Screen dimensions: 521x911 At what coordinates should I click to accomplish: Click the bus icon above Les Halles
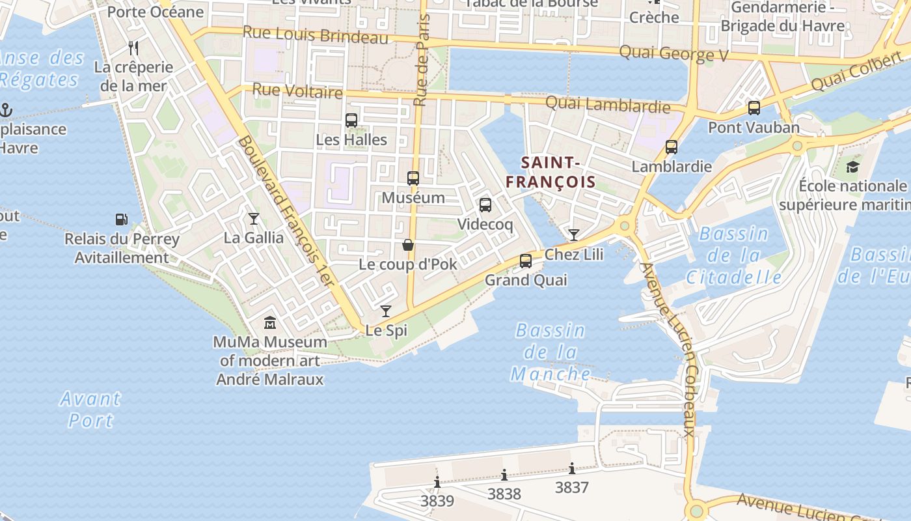pos(351,120)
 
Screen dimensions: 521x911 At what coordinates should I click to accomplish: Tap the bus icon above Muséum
pos(413,178)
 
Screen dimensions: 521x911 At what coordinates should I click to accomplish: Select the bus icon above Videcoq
pos(485,205)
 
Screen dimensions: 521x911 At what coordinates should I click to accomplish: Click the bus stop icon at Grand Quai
pos(526,261)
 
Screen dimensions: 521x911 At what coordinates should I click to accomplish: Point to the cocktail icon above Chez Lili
pos(573,235)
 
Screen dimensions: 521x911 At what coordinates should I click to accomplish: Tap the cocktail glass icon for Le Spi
pos(386,311)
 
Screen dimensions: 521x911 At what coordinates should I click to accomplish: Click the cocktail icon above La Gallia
pos(254,219)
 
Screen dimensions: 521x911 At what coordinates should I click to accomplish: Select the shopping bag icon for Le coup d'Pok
pos(408,245)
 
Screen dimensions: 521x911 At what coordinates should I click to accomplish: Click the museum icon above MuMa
pos(270,322)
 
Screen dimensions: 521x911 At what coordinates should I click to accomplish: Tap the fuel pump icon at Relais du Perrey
pos(121,219)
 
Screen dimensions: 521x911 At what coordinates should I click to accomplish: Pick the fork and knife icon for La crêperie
pos(133,48)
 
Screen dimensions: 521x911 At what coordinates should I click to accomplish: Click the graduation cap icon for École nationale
pos(852,167)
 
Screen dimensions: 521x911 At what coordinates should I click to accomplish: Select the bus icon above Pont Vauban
pos(754,108)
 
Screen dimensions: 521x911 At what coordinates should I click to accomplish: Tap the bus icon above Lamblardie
pos(672,147)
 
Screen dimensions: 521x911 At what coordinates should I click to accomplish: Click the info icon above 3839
pos(437,483)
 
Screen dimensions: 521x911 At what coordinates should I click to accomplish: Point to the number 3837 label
pos(572,487)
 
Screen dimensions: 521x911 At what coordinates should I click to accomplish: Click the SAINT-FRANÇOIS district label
pos(551,172)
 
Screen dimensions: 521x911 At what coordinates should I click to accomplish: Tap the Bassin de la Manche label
pos(551,352)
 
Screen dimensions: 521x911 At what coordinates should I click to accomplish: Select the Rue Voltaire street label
pos(297,91)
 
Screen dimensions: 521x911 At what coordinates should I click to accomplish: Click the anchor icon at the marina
pos(7,109)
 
